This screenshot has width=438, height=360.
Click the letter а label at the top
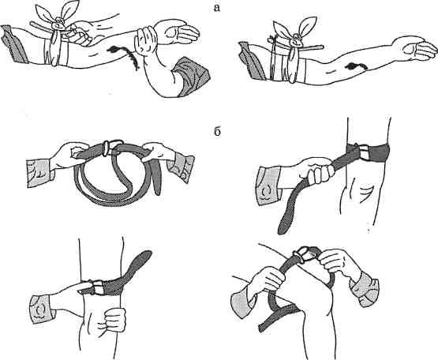216,8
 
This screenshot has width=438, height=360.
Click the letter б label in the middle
217,132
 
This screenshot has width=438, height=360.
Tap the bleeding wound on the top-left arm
124,56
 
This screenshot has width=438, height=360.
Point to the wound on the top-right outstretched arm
356,66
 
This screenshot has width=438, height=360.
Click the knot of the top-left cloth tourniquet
59,24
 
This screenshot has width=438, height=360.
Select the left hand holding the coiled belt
68,156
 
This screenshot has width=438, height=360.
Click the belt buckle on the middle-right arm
363,152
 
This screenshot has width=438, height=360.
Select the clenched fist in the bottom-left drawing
115,319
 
